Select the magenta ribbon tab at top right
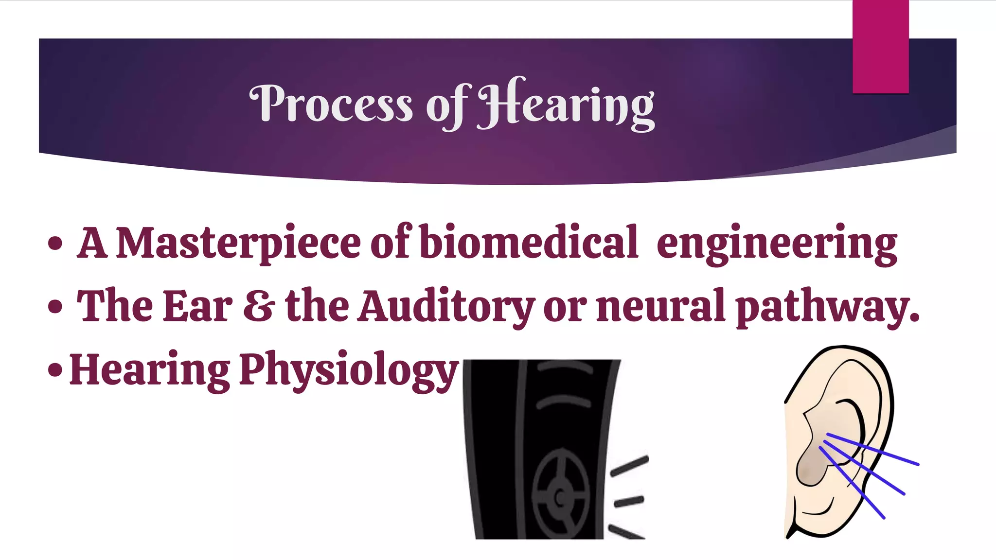[x=880, y=47]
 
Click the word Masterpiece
[x=238, y=243]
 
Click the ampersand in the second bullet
[x=259, y=306]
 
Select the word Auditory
[x=446, y=306]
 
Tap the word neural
[x=661, y=306]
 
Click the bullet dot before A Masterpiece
[x=55, y=243]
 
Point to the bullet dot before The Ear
[x=55, y=307]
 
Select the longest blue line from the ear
[x=873, y=449]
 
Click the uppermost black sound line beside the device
[x=629, y=466]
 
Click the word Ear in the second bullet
[x=197, y=306]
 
